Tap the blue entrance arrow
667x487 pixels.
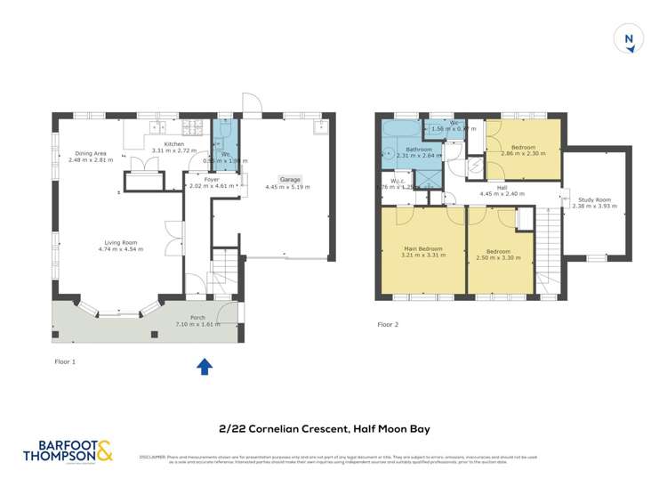point(204,365)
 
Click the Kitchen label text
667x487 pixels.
point(173,143)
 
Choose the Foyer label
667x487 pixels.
point(212,179)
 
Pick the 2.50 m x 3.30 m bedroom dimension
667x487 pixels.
point(498,257)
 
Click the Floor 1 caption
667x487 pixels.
point(65,362)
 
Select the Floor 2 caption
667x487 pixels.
point(388,325)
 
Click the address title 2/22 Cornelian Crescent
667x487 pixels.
point(333,428)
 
